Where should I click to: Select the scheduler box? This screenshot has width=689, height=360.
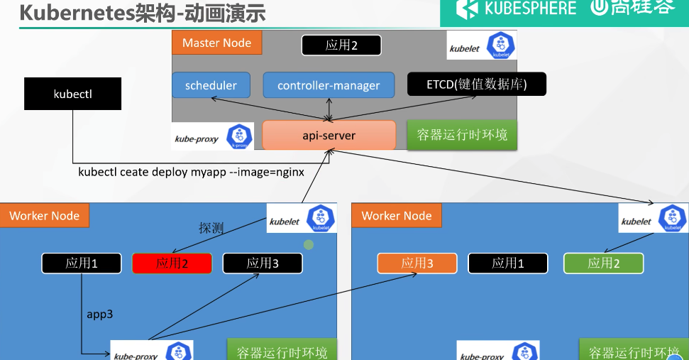click(x=211, y=85)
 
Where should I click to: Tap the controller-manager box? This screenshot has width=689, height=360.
click(x=329, y=85)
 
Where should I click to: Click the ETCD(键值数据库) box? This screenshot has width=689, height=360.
click(x=476, y=85)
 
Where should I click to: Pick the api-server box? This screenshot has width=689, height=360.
click(x=329, y=135)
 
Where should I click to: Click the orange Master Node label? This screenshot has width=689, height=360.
click(x=216, y=43)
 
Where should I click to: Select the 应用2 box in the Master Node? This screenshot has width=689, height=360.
click(x=341, y=45)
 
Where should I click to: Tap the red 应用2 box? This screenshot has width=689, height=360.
click(x=172, y=263)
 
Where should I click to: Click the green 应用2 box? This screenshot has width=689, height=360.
click(x=603, y=263)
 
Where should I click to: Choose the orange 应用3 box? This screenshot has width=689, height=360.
click(x=417, y=263)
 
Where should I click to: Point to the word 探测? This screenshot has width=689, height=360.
click(x=211, y=229)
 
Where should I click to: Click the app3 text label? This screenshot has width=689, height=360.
click(x=100, y=314)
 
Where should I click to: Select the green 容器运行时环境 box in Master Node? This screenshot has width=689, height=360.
click(x=462, y=135)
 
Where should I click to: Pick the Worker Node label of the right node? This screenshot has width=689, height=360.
click(x=396, y=216)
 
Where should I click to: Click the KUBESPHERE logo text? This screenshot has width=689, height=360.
click(x=530, y=9)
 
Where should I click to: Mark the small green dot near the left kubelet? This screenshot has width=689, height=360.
click(x=309, y=245)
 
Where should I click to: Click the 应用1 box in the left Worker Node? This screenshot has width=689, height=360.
click(x=82, y=263)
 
